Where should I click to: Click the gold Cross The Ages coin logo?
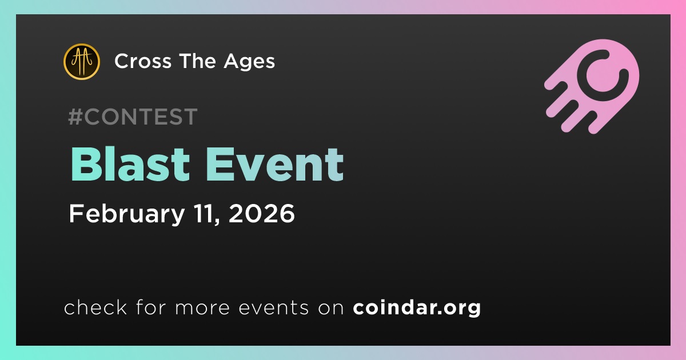point(81,62)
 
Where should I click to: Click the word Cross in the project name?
point(143,61)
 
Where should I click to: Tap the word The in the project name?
point(198,61)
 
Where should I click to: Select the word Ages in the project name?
point(249,62)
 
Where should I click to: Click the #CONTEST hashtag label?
point(133,117)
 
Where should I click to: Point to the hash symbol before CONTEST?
point(75,117)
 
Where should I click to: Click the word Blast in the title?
point(130,165)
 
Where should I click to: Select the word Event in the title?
point(275,165)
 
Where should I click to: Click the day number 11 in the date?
point(207,214)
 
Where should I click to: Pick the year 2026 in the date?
point(262,213)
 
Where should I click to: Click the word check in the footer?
point(95,307)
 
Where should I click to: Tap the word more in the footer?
point(202,308)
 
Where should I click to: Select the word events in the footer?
point(273,307)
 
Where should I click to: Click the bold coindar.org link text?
point(417,307)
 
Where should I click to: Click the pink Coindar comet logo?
point(592,86)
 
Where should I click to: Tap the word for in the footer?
point(151,307)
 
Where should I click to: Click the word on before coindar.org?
point(331,308)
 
